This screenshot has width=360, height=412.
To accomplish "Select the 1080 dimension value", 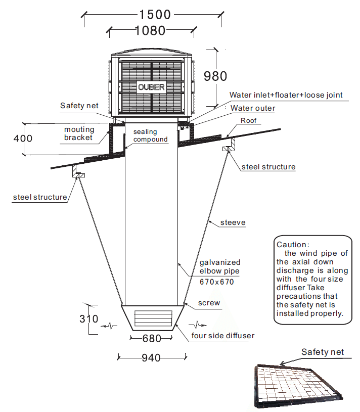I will pyautogui.click(x=150, y=31).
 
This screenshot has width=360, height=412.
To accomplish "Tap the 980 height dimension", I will pyautogui.click(x=215, y=76).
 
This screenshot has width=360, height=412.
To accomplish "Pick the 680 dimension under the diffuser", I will pyautogui.click(x=151, y=338).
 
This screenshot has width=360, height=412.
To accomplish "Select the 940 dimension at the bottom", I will pyautogui.click(x=151, y=358).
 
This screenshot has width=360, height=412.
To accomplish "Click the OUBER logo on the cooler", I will pyautogui.click(x=151, y=87).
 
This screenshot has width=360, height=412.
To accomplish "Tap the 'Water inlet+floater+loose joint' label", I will pyautogui.click(x=286, y=95).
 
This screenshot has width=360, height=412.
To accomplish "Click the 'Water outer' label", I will pyautogui.click(x=253, y=108).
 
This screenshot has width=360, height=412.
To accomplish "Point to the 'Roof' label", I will pyautogui.click(x=248, y=121).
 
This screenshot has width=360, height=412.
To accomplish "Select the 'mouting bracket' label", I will pyautogui.click(x=78, y=133).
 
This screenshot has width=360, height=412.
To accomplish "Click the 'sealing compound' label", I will pyautogui.click(x=150, y=135).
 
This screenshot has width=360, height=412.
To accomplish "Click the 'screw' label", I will pyautogui.click(x=210, y=303).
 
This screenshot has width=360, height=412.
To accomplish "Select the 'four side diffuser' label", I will pyautogui.click(x=222, y=335).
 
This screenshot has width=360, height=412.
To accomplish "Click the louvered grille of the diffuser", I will pyautogui.click(x=151, y=319).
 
